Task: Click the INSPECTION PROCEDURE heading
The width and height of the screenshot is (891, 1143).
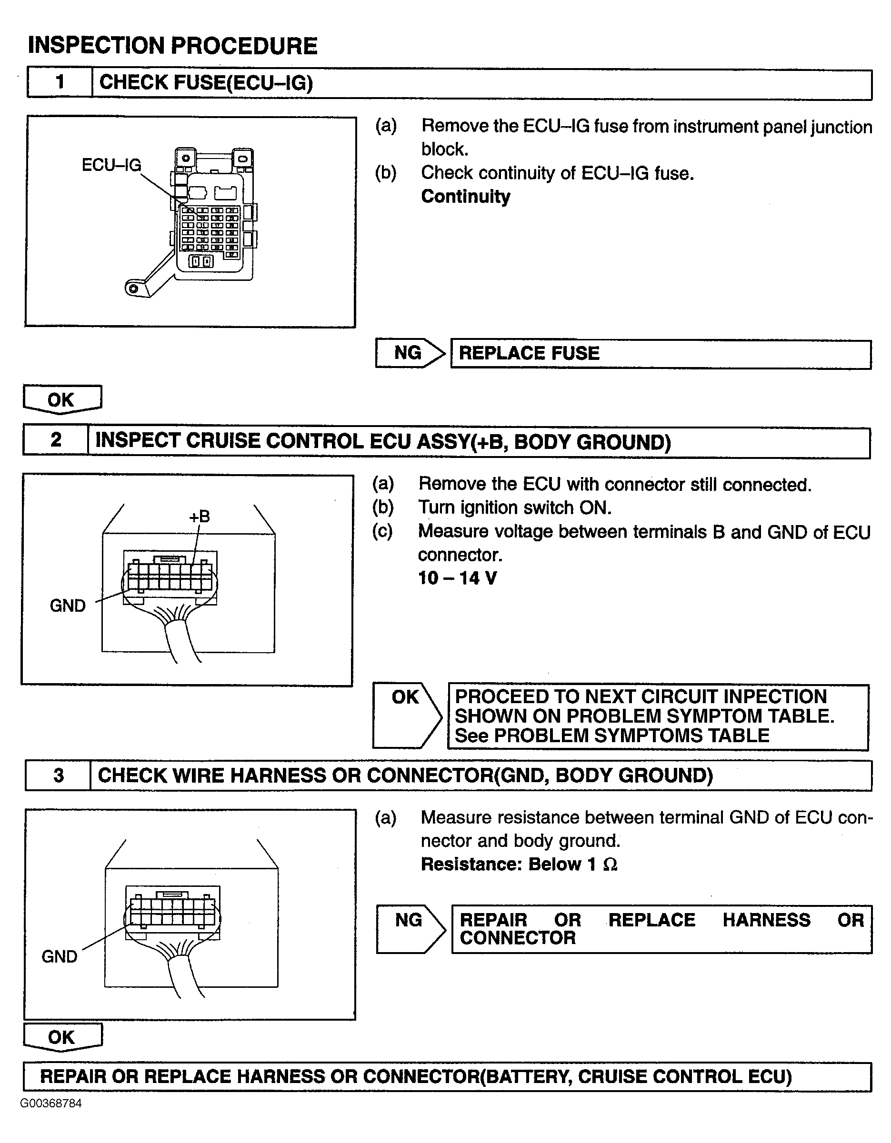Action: pos(172,46)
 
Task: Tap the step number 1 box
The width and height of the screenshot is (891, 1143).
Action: pos(60,82)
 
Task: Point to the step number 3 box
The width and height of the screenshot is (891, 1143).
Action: pos(58,775)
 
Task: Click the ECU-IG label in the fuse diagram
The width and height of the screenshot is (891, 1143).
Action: pos(111,165)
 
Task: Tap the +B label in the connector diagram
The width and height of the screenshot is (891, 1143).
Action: pos(200,517)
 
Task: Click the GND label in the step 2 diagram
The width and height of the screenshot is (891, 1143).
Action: pos(68,606)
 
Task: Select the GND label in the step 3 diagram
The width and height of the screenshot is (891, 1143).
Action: pos(59,956)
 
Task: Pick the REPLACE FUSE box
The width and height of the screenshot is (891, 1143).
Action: pos(661,354)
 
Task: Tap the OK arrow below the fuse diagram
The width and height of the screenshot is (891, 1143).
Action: pos(62,400)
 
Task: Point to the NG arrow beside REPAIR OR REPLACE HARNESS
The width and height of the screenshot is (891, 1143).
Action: pos(410,929)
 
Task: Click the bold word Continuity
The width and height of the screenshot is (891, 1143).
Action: pos(465,196)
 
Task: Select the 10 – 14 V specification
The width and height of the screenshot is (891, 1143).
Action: pos(457,578)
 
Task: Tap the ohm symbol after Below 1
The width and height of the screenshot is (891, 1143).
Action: pos(610,864)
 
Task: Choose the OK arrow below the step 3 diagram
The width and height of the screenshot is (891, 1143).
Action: pos(62,1037)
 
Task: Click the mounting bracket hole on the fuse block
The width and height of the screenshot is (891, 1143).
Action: pos(133,288)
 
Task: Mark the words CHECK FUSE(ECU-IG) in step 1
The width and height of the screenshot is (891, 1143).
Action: pos(206,83)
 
